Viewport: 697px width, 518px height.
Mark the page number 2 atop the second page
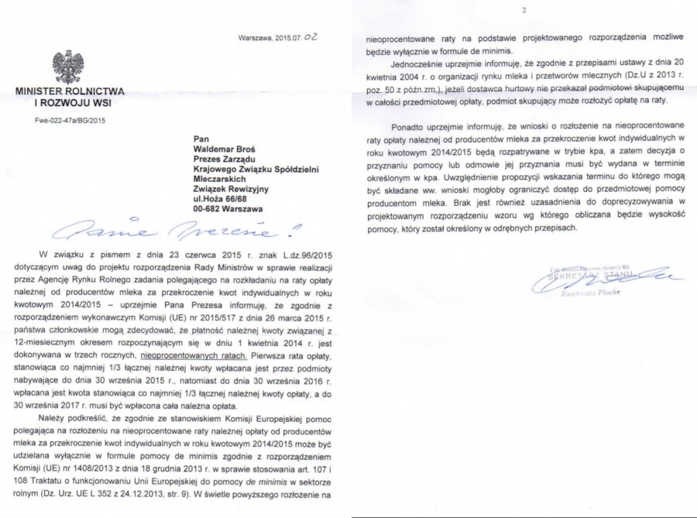pos(524,11)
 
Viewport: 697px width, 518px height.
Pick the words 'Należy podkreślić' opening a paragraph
pos(75,419)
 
